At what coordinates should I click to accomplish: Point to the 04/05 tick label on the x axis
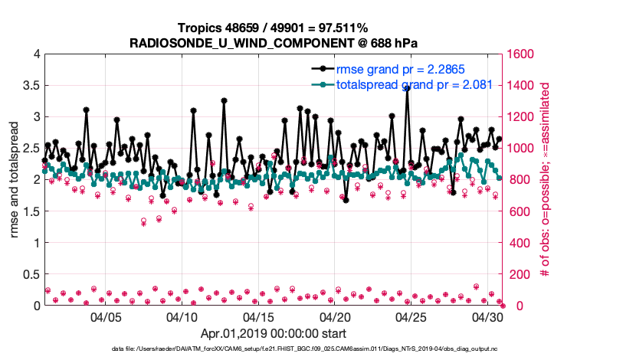click(x=107, y=316)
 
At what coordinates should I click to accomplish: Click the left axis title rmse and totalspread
click(x=14, y=179)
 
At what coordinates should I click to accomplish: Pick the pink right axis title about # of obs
click(x=546, y=179)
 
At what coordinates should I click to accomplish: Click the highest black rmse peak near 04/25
click(x=407, y=88)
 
